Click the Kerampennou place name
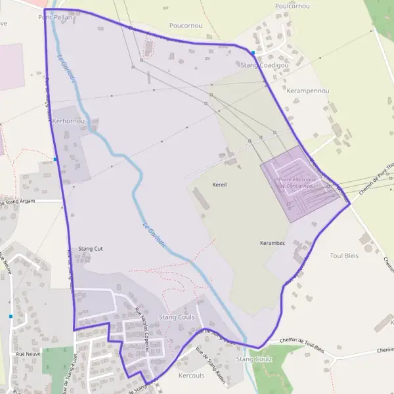tap(308, 90)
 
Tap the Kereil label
tap(219, 185)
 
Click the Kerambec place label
tap(273, 243)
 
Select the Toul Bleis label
tap(344, 255)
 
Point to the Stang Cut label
tap(91, 249)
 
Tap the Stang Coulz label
tap(253, 359)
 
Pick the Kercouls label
tap(192, 376)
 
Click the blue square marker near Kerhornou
tap(56, 159)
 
